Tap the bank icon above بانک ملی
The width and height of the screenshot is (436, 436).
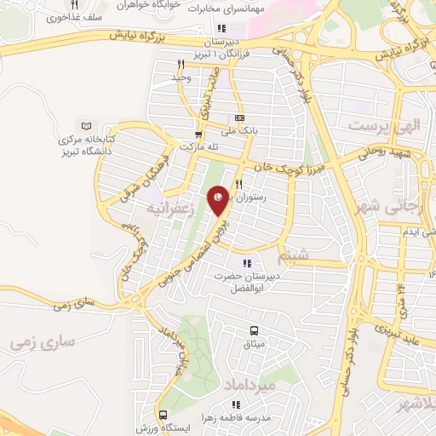[239, 118]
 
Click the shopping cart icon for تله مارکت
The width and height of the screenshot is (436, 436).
[198, 134]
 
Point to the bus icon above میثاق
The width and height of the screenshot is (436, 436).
[253, 330]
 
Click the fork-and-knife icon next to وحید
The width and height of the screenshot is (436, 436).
[180, 64]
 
